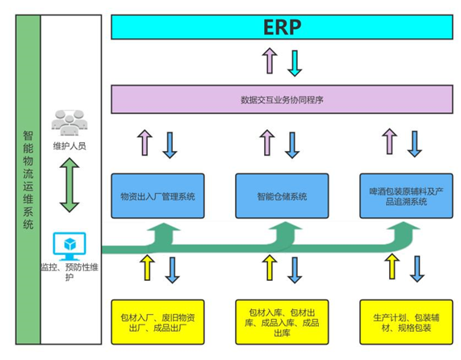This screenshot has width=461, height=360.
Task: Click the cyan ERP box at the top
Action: click(x=282, y=27)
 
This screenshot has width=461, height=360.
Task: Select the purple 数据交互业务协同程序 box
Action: click(x=282, y=99)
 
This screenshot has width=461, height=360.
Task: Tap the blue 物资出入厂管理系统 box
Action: click(x=157, y=195)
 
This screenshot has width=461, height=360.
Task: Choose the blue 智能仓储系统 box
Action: click(x=282, y=195)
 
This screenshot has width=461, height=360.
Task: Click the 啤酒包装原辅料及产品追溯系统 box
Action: click(x=406, y=195)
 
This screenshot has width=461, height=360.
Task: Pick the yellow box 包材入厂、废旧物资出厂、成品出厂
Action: click(x=157, y=322)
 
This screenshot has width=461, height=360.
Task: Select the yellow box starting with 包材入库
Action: click(x=282, y=322)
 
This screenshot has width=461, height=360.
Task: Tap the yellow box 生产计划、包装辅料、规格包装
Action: click(x=406, y=322)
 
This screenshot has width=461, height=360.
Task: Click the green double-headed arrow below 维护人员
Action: click(x=69, y=185)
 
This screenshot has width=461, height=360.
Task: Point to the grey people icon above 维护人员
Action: click(x=69, y=123)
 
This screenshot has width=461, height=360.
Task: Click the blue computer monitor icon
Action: click(x=69, y=246)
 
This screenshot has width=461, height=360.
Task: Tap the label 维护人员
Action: click(x=69, y=146)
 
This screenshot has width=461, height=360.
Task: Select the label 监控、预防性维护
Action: click(x=69, y=272)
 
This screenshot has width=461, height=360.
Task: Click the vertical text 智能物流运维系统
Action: click(x=28, y=180)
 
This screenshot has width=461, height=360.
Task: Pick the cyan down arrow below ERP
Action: click(x=295, y=63)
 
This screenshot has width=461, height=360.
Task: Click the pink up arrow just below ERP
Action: click(x=270, y=61)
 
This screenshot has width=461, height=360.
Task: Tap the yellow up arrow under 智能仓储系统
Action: click(x=270, y=267)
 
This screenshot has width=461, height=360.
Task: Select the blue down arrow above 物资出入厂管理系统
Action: click(x=170, y=145)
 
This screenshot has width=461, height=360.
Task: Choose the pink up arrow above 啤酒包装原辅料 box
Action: click(x=390, y=141)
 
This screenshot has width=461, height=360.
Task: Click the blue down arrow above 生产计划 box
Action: click(x=417, y=269)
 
